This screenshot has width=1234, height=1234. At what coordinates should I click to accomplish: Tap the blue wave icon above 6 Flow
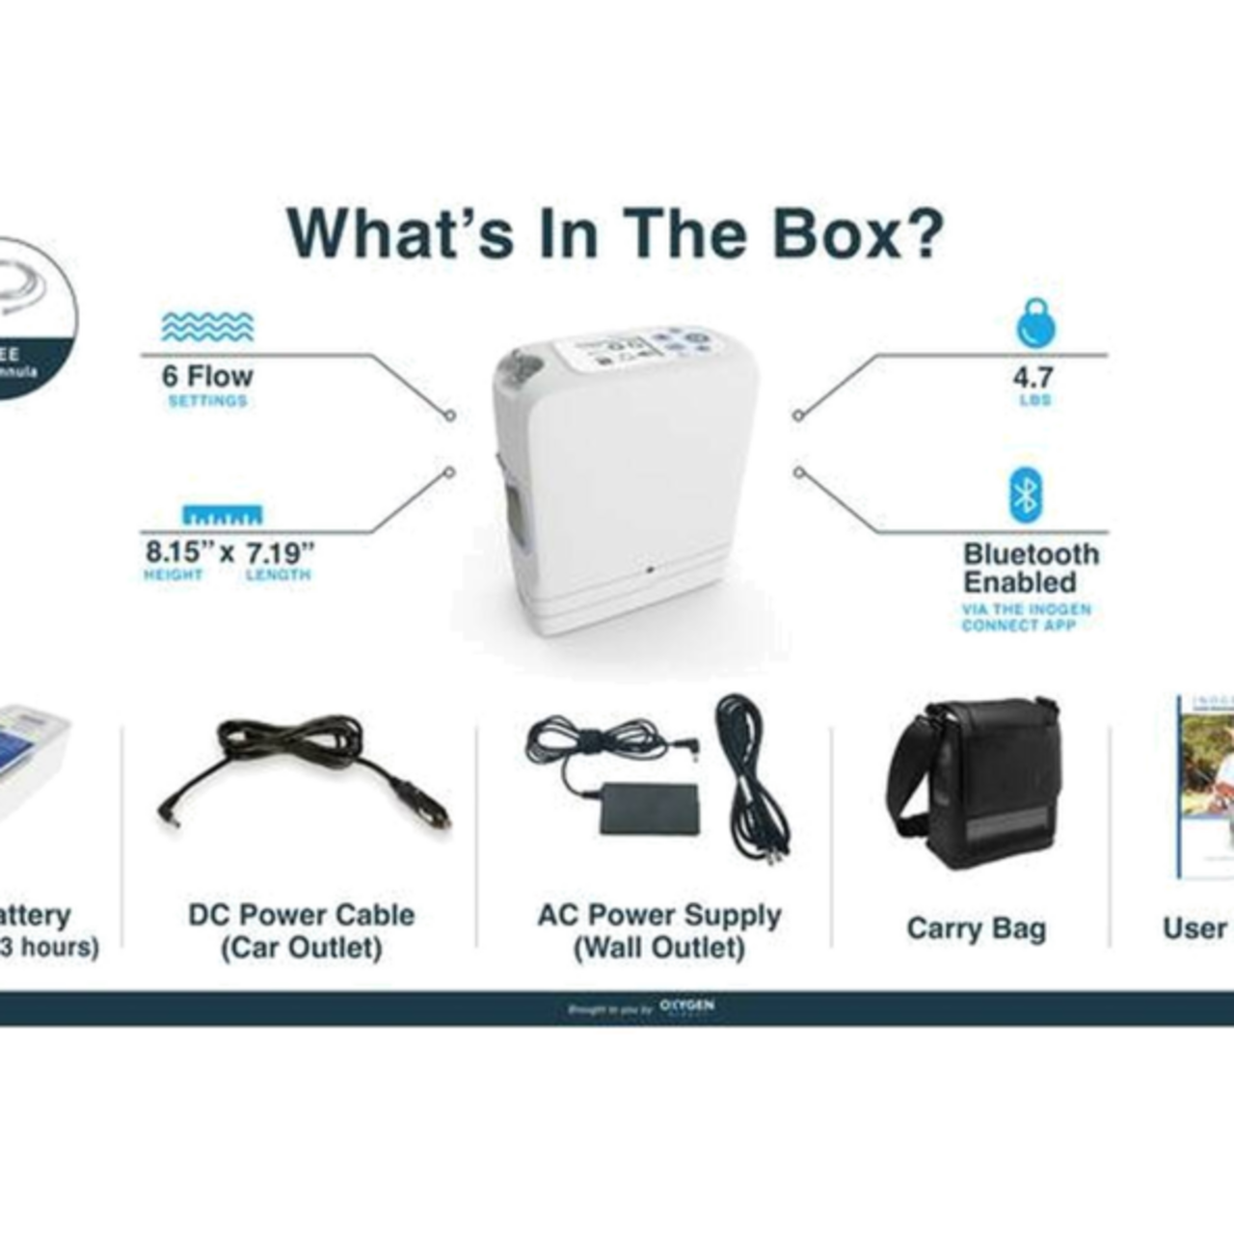pyautogui.click(x=207, y=328)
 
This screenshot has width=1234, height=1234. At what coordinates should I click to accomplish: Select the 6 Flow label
pyautogui.click(x=207, y=376)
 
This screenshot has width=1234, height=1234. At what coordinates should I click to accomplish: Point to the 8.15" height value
pyautogui.click(x=174, y=552)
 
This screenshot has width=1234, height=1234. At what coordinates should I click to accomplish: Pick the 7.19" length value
pyautogui.click(x=280, y=553)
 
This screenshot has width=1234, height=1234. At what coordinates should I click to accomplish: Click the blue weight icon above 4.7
pyautogui.click(x=1035, y=324)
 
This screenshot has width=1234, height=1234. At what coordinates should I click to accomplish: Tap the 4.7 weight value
pyautogui.click(x=1033, y=377)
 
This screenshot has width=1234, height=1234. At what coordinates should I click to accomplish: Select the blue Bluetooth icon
pyautogui.click(x=1026, y=496)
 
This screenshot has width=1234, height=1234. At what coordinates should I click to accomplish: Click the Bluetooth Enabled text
pyautogui.click(x=1029, y=569)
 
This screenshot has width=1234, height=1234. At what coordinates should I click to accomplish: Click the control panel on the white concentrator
pyautogui.click(x=648, y=350)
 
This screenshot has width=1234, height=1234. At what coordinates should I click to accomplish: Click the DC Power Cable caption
pyautogui.click(x=302, y=931)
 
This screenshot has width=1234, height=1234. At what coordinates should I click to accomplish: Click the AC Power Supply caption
pyautogui.click(x=660, y=931)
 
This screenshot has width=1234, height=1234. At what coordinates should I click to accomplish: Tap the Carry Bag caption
pyautogui.click(x=976, y=928)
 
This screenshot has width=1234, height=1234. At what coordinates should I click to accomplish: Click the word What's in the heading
pyautogui.click(x=400, y=234)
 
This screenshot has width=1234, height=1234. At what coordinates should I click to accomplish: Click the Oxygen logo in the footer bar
pyautogui.click(x=687, y=1006)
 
